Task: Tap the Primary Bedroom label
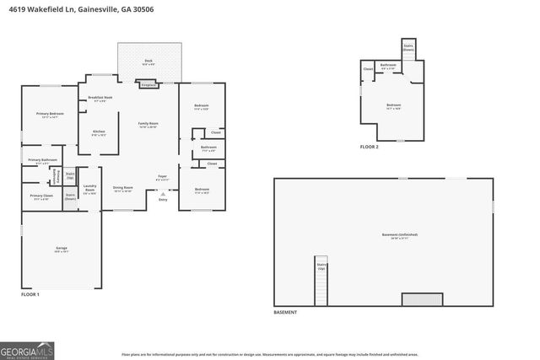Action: coord(50,114)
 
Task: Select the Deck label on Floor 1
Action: coord(148,61)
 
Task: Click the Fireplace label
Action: coord(148,84)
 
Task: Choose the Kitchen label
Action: coord(99,132)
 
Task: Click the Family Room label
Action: coord(148,125)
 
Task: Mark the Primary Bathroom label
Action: coord(42,160)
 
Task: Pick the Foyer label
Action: coord(163,177)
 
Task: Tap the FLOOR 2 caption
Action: coord(370,147)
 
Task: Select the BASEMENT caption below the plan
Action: coord(285,312)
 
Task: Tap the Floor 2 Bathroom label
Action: coord(388,65)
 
